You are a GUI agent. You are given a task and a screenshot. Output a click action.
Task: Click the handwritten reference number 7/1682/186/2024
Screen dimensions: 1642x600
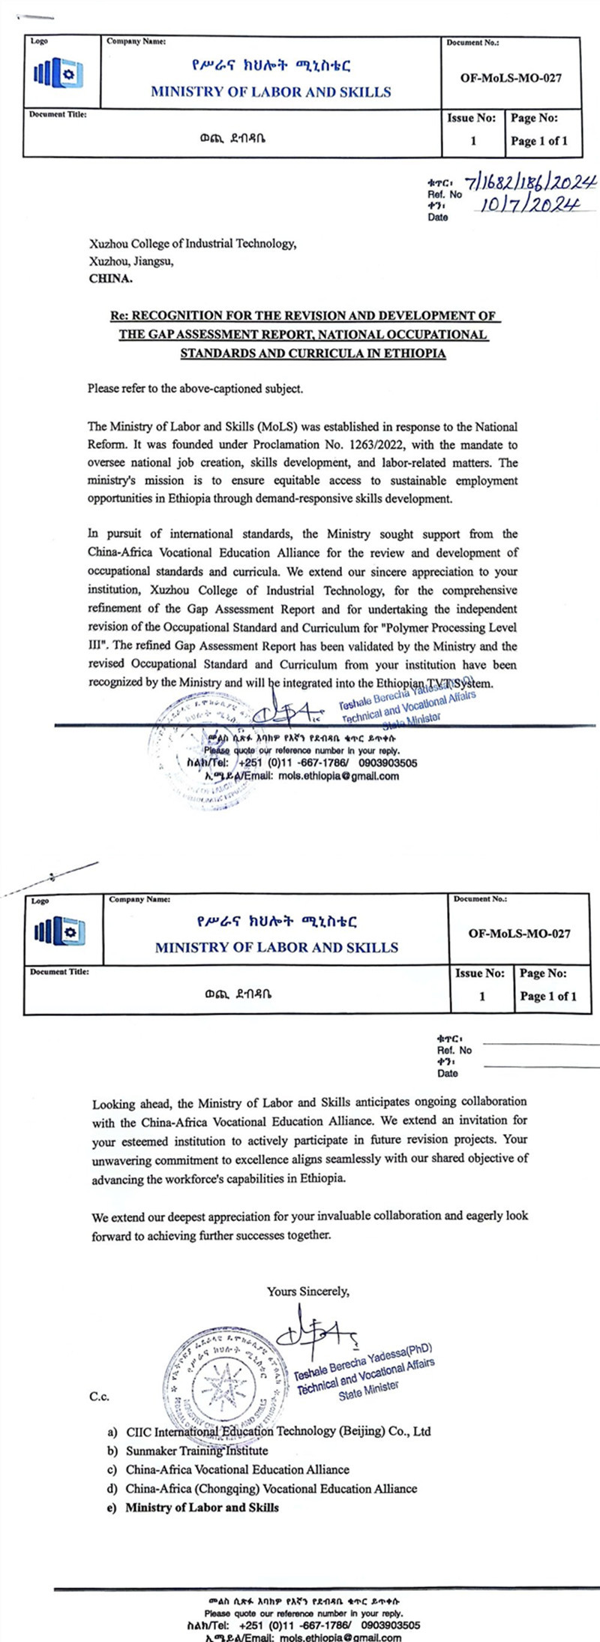point(531,182)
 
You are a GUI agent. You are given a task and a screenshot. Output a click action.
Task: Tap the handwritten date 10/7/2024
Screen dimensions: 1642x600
point(529,205)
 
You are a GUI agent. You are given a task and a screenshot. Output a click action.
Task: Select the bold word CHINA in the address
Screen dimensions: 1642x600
point(110,278)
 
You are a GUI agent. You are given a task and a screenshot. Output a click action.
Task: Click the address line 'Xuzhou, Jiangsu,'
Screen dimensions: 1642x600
point(132,261)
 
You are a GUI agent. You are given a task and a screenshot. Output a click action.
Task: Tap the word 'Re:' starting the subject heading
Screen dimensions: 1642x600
point(119,316)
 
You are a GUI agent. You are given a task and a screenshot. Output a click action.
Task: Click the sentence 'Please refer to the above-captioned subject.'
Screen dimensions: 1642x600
point(196,389)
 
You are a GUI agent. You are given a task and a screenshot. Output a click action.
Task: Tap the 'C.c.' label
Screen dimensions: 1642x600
point(100,1397)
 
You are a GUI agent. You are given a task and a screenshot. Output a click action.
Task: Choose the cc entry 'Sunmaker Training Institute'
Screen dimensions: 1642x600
point(196,1451)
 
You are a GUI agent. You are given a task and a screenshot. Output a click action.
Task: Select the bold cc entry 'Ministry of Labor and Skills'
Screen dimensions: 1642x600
point(202,1507)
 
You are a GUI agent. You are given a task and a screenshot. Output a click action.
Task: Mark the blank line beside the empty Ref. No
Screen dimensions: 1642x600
point(540,1044)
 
